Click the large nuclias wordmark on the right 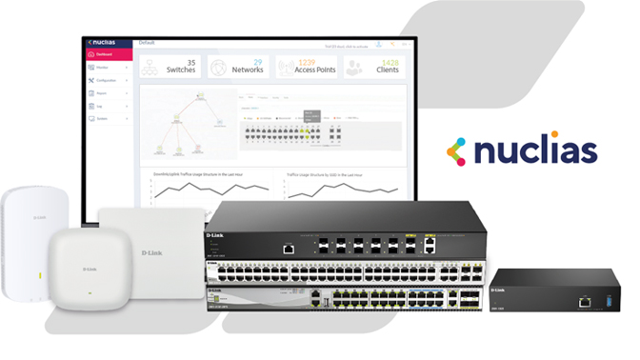(536, 150)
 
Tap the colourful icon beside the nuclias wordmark (457, 150)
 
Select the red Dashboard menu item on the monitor (106, 55)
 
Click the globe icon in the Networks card (218, 68)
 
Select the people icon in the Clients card (352, 68)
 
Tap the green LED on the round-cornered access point (90, 291)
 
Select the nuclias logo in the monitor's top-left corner (104, 43)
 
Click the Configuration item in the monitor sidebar (107, 80)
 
